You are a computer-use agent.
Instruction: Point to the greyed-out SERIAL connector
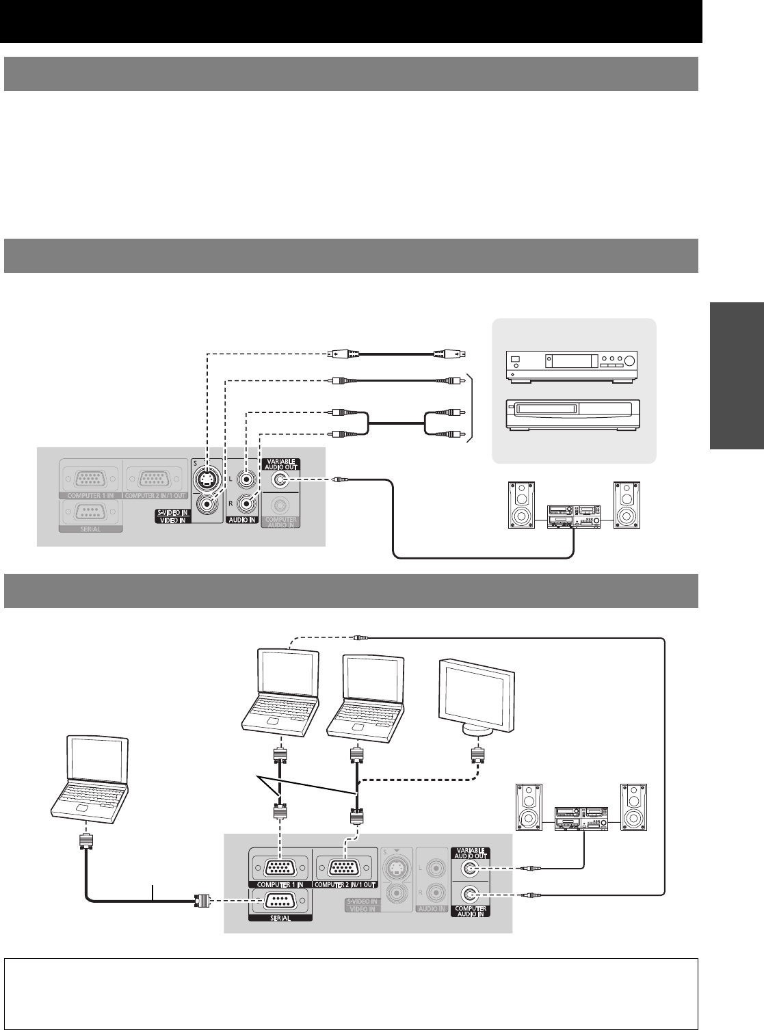(90, 511)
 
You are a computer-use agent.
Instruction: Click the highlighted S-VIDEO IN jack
(207, 481)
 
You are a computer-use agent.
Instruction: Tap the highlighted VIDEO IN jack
(207, 506)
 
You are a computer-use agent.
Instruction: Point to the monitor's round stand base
(477, 730)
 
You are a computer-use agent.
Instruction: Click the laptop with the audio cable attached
(282, 691)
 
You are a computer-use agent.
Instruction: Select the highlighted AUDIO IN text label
(243, 520)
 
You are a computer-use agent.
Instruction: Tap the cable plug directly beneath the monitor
(477, 756)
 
